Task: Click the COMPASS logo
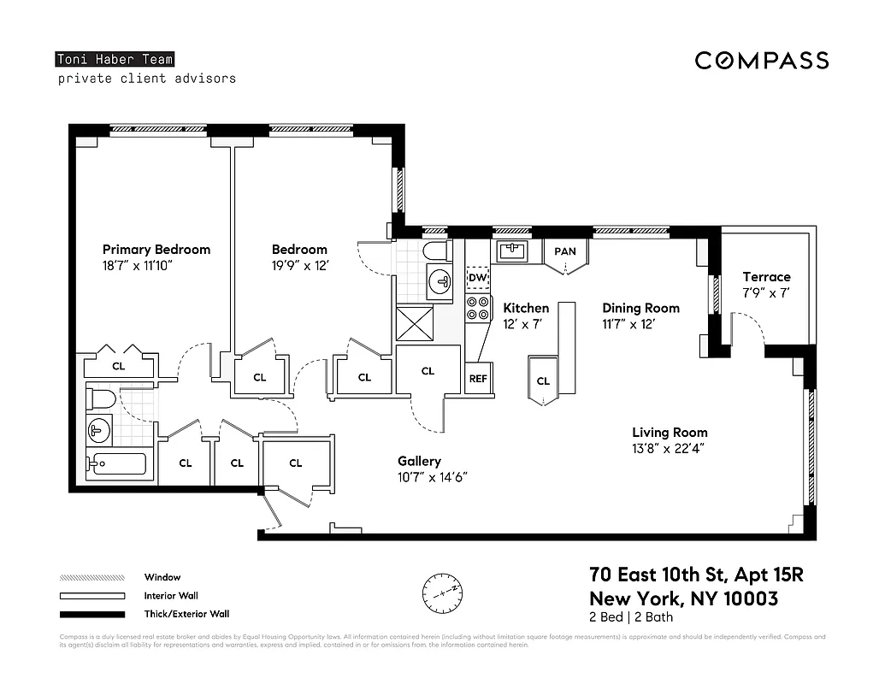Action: tap(761, 60)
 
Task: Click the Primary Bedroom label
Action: tap(156, 250)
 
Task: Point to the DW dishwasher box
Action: tap(477, 278)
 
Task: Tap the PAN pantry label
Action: tap(564, 251)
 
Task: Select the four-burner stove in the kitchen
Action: tap(478, 309)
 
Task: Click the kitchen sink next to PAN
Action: tap(512, 251)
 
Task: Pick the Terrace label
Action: tap(766, 277)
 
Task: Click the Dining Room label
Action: tap(640, 308)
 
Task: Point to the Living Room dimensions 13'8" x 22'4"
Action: tap(670, 448)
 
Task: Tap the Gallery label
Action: tap(419, 462)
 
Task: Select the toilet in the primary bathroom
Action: tap(101, 399)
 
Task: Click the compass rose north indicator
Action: tap(442, 590)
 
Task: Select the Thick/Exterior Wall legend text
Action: tap(186, 614)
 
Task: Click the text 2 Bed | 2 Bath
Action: tap(632, 617)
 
